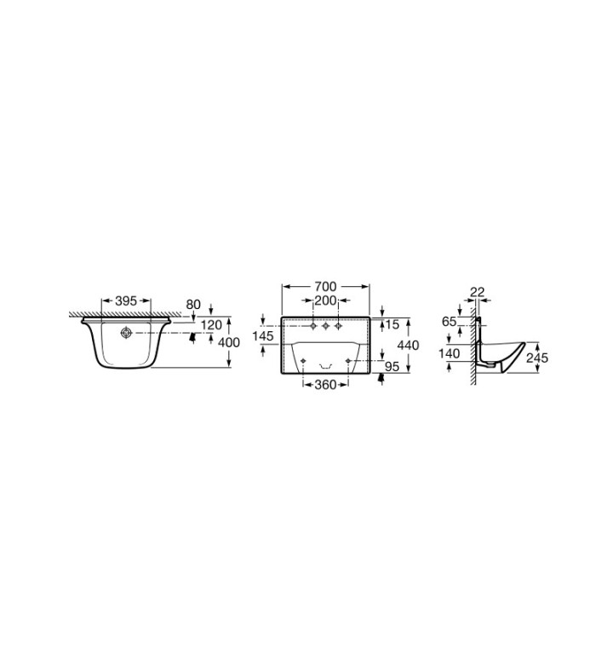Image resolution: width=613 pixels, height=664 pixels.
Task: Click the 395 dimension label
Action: tap(126, 301)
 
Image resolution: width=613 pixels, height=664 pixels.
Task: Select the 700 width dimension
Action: tap(326, 287)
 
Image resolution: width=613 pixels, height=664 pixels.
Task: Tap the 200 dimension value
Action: tap(325, 301)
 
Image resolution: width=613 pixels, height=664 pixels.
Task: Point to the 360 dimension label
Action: tap(326, 385)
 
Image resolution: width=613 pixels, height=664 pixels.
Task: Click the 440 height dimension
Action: tap(409, 345)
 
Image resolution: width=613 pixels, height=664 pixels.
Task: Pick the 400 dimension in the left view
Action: tap(229, 342)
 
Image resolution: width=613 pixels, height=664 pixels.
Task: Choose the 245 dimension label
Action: tap(537, 358)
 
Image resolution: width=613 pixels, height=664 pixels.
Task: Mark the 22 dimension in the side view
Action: tap(477, 292)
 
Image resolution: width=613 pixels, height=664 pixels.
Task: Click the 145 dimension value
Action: tap(263, 336)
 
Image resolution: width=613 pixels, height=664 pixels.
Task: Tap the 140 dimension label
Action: tap(449, 353)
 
